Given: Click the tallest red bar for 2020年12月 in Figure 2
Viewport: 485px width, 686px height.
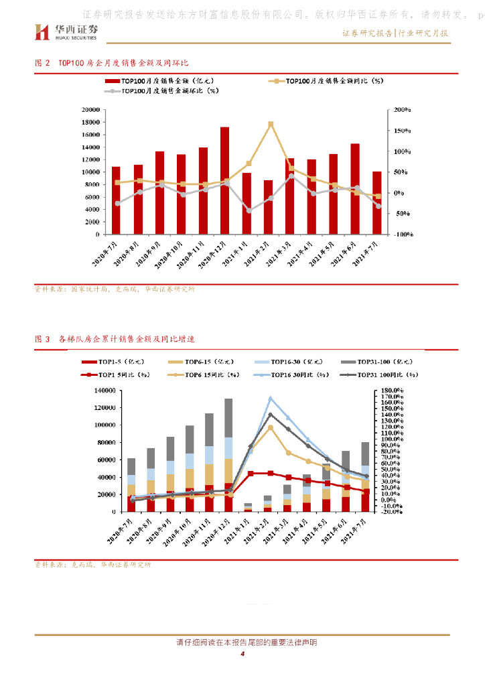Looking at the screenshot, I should point(224,181).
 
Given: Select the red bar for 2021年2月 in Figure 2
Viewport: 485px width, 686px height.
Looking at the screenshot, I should point(268,207).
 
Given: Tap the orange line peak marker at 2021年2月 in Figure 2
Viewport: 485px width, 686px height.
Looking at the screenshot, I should point(271,124).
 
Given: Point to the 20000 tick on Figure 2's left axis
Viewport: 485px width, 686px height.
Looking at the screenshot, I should point(90,110).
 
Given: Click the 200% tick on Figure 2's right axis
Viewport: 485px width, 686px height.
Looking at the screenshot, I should point(402,110).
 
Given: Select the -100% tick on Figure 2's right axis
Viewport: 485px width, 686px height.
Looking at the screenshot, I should point(403,235).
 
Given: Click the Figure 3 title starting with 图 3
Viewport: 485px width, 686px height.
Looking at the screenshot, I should point(114,339).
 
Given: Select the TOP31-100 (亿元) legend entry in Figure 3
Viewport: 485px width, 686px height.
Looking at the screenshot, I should point(378,362).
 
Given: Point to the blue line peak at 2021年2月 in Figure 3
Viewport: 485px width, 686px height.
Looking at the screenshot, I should point(271,399).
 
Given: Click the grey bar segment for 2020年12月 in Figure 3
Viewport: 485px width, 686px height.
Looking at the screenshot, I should point(228,418).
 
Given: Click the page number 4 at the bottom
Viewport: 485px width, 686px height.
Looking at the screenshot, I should point(242,655).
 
